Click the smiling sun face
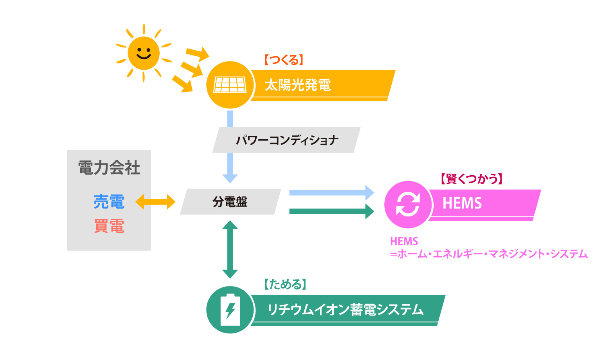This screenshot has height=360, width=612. pyautogui.click(x=144, y=53)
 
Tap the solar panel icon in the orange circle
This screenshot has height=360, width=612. pyautogui.click(x=230, y=85)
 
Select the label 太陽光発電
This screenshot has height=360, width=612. pyautogui.click(x=298, y=85)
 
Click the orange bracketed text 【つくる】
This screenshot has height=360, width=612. pyautogui.click(x=284, y=60)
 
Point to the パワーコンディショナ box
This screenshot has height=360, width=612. pyautogui.click(x=287, y=140)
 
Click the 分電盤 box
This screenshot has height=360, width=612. pyautogui.click(x=230, y=202)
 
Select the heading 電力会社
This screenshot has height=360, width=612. pyautogui.click(x=109, y=168)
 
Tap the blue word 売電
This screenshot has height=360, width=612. pyautogui.click(x=109, y=202)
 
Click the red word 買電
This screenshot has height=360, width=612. pyautogui.click(x=109, y=226)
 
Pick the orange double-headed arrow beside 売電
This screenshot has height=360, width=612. pyautogui.click(x=155, y=202)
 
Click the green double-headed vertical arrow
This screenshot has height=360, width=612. pyautogui.click(x=230, y=249)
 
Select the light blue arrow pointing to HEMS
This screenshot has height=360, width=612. pyautogui.click(x=331, y=193)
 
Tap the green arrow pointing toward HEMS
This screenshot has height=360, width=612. pyautogui.click(x=331, y=211)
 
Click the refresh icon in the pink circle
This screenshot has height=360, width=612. pyautogui.click(x=408, y=204)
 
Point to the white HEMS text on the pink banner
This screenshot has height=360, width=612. pyautogui.click(x=462, y=203)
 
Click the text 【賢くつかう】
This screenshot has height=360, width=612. pyautogui.click(x=471, y=179)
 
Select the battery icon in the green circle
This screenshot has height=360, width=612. pyautogui.click(x=230, y=310)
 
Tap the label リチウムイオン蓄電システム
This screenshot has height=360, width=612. pyautogui.click(x=346, y=310)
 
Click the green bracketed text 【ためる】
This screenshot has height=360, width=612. pyautogui.click(x=285, y=284)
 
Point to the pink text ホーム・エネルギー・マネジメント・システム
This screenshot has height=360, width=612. pyautogui.click(x=492, y=254)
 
